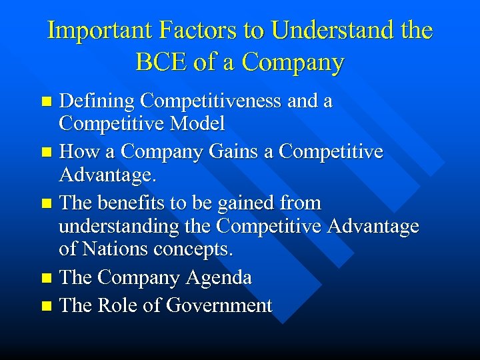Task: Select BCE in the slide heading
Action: coord(163,62)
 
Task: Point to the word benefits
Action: coord(131,203)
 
